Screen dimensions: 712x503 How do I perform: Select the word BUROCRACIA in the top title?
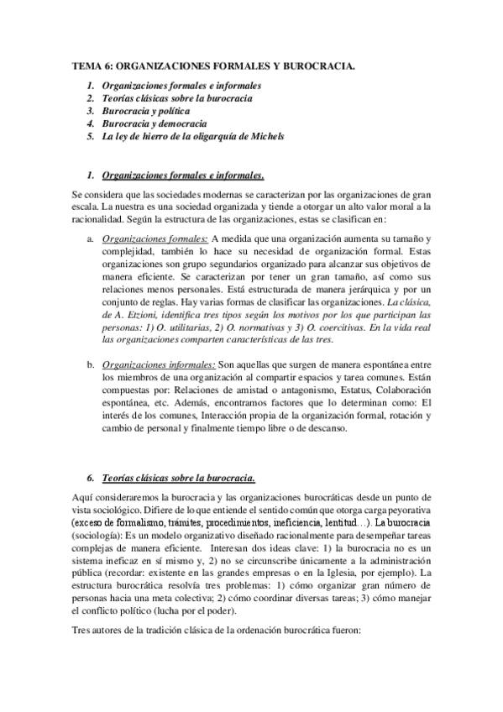[317, 65]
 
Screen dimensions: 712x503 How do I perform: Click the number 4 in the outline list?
[90, 123]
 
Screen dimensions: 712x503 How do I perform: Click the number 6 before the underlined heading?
[90, 478]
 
